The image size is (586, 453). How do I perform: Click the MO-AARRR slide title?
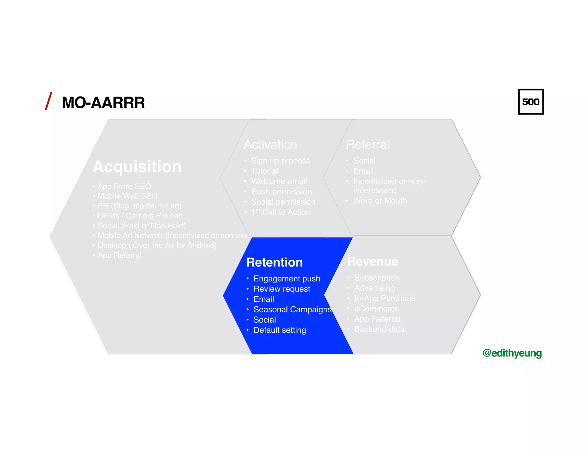tap(103, 103)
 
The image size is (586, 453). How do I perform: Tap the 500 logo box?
tap(530, 102)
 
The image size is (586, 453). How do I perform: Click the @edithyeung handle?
tap(512, 353)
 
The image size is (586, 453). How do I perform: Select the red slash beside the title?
tap(49, 101)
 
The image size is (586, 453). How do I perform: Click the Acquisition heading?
tap(137, 167)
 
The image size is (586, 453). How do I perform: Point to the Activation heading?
tap(270, 144)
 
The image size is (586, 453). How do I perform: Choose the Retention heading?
tap(274, 262)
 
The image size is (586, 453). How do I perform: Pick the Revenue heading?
tap(373, 261)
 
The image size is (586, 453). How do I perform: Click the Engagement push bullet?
tap(287, 279)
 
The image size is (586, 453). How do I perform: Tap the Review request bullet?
tap(282, 289)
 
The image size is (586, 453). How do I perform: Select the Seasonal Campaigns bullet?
tap(292, 310)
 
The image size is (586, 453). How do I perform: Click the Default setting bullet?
tap(280, 330)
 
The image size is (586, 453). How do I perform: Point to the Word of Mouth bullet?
tap(380, 201)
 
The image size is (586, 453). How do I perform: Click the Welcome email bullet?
tap(279, 181)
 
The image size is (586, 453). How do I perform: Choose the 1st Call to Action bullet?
tap(281, 212)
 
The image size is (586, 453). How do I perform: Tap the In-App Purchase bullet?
tap(385, 298)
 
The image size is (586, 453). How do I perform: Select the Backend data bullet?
tap(379, 329)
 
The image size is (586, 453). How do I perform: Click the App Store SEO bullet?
tap(124, 186)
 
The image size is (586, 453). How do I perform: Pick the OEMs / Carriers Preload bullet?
tap(140, 216)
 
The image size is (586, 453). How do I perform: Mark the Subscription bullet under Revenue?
tap(377, 278)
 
